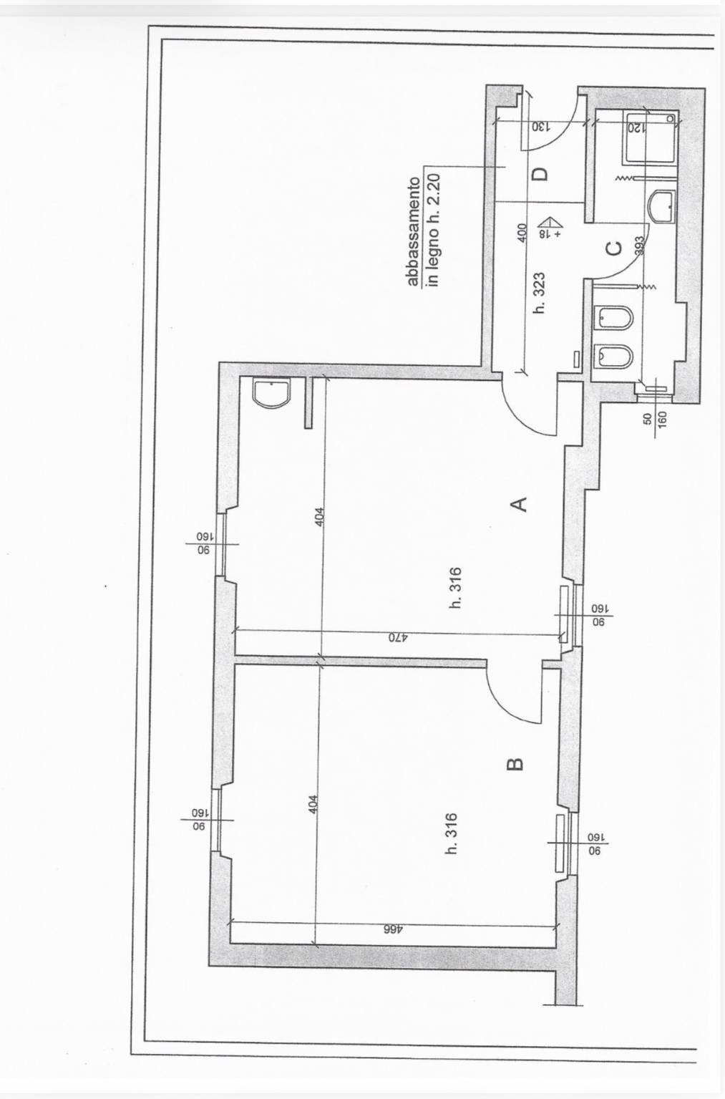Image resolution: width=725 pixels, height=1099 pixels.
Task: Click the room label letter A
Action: [x=521, y=503]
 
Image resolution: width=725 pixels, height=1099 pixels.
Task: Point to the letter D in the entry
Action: [x=540, y=173]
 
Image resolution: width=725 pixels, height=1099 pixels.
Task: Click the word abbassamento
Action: [x=413, y=233]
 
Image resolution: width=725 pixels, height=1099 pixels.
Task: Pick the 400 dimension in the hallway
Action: [x=522, y=233]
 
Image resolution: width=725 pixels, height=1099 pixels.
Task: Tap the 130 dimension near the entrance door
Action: [x=540, y=126]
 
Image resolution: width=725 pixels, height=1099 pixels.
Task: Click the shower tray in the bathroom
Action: [x=649, y=137]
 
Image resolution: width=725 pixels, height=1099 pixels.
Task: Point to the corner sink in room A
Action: [x=272, y=393]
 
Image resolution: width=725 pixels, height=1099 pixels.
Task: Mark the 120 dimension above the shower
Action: [x=635, y=129]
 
